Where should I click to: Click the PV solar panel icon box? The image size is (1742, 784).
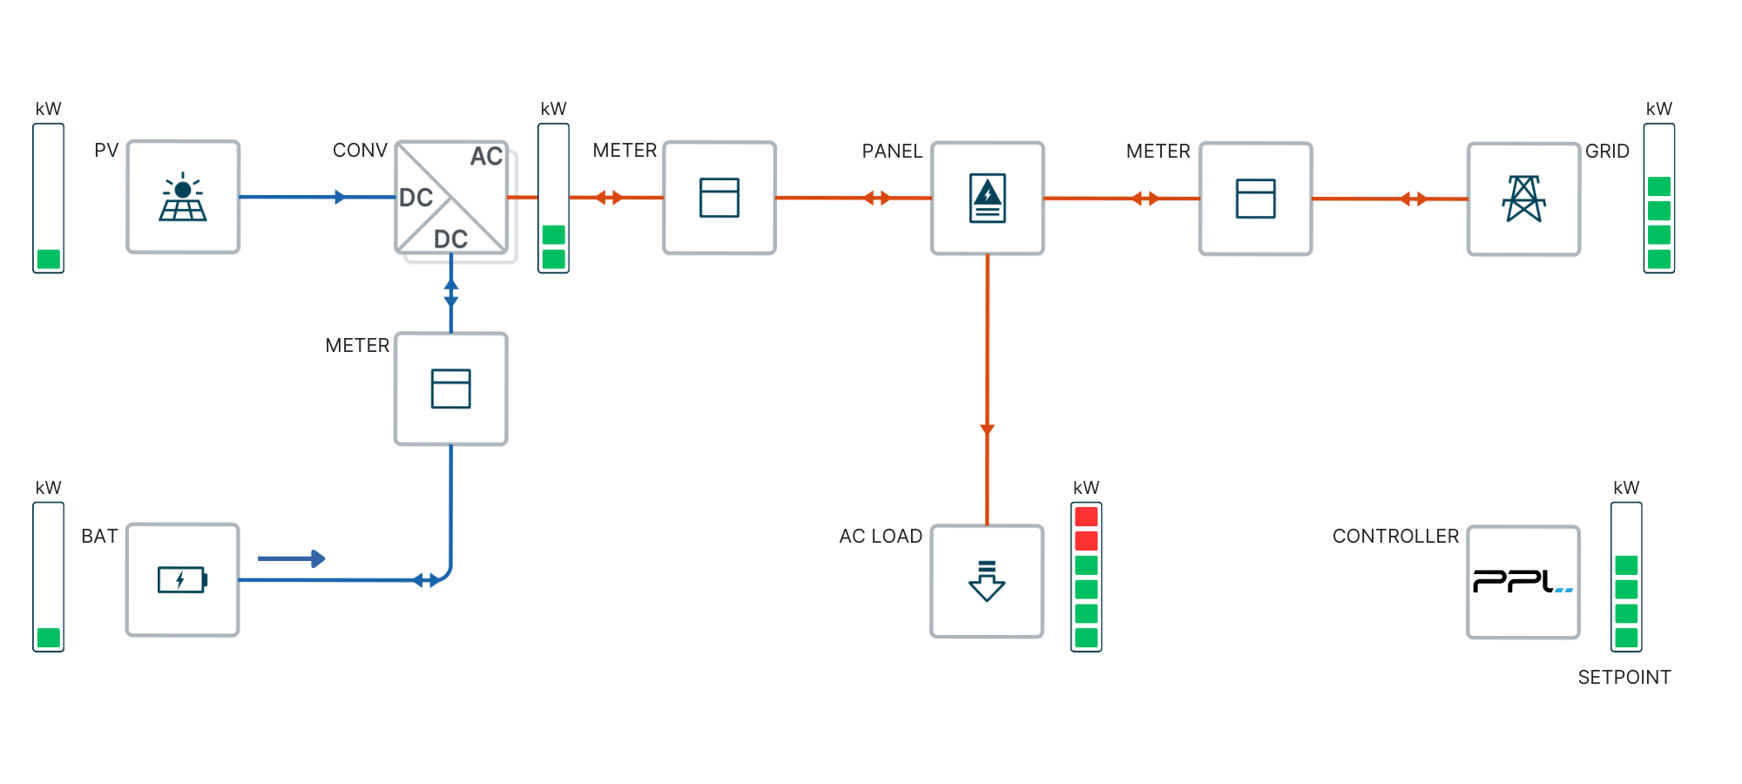183,197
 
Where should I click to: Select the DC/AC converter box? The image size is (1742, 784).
451,198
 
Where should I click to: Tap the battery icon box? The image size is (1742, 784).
183,579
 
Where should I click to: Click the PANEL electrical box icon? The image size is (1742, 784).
987,199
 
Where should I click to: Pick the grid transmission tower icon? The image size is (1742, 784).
1523,199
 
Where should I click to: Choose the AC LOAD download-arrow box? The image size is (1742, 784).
987,581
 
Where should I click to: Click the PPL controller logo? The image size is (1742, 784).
1523,582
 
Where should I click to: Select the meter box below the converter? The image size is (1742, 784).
451,389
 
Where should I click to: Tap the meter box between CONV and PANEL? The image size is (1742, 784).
719,198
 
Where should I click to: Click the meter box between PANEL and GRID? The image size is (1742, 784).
1255,199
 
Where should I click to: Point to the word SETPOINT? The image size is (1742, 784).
1624,678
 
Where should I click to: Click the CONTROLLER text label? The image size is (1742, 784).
1395,537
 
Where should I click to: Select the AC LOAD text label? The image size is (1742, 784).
881,537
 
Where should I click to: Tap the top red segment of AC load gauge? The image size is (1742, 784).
1086,517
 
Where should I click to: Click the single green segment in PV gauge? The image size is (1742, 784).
49,259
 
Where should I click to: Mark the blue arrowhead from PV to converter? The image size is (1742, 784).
340,197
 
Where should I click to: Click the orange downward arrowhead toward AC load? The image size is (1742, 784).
987,429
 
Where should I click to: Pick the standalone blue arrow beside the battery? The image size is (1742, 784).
292,558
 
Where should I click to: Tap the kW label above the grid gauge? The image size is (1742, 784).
1658,109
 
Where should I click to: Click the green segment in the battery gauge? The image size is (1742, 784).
49,638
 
